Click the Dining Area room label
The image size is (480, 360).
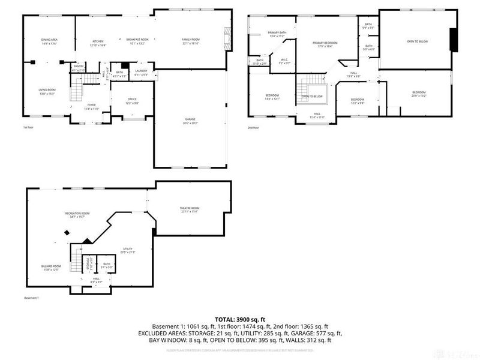click(49, 40)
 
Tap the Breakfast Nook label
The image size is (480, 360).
click(137, 40)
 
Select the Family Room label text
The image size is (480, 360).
click(191, 40)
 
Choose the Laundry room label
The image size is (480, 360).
click(142, 71)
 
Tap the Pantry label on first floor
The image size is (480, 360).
click(79, 67)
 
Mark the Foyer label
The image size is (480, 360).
click(91, 107)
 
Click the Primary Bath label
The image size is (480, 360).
click(277, 33)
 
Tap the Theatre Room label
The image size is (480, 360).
click(190, 208)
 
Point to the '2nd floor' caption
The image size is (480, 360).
click(253, 128)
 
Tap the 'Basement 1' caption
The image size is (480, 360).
click(31, 298)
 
